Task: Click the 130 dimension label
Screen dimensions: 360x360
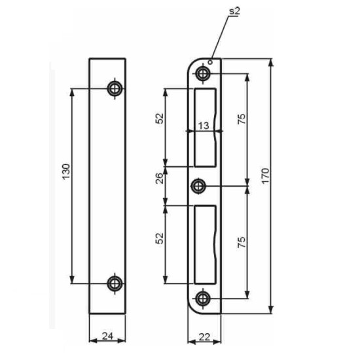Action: point(66,171)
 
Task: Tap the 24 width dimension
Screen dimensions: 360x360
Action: point(107,336)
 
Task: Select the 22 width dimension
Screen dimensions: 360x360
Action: point(204,337)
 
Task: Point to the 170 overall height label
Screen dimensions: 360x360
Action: point(265,175)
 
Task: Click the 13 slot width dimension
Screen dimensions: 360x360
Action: point(204,126)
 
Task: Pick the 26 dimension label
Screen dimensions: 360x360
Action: point(159,178)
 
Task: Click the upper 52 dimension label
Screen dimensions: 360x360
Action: point(159,118)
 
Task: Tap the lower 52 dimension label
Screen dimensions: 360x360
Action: point(159,238)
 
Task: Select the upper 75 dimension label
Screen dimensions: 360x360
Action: point(242,118)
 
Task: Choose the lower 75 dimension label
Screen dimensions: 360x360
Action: point(242,242)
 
